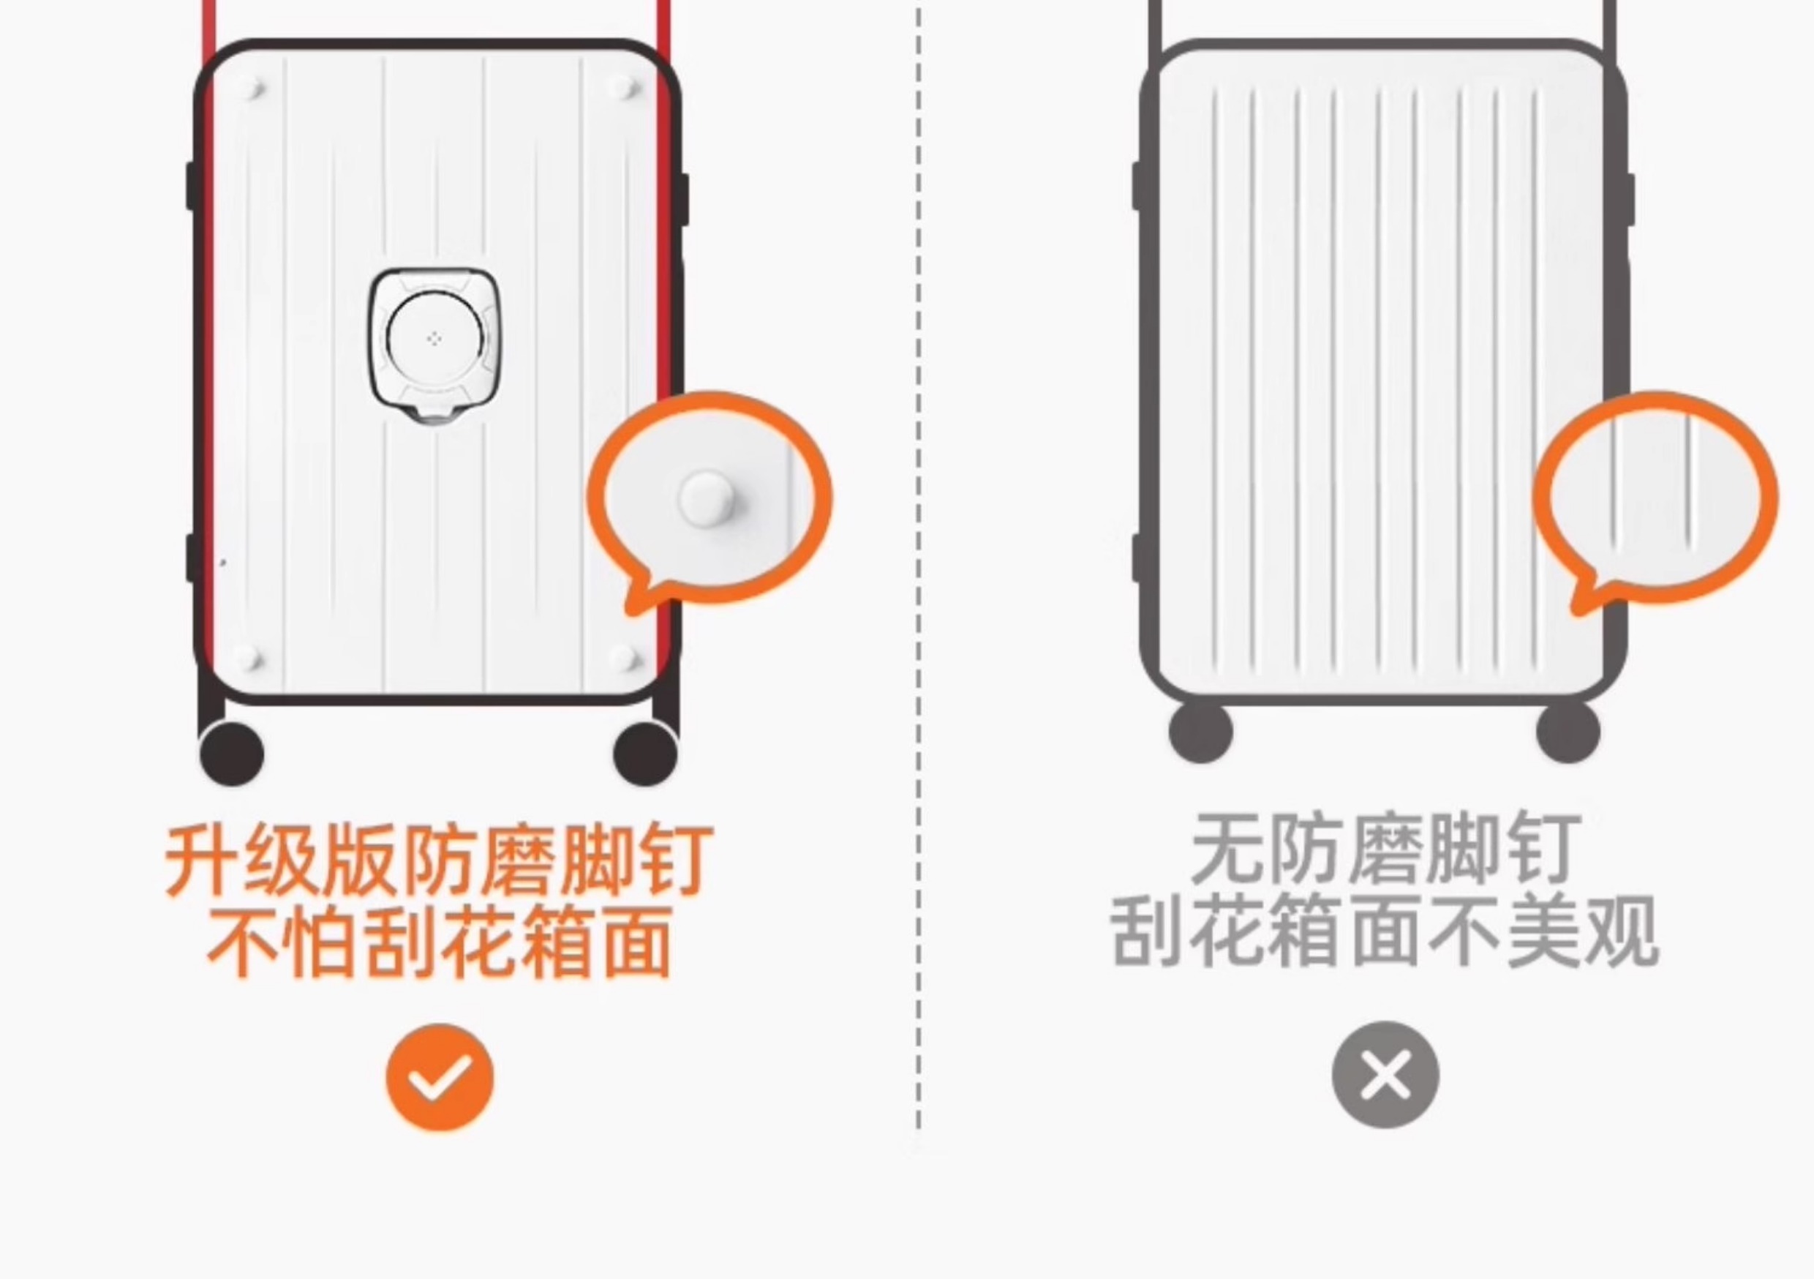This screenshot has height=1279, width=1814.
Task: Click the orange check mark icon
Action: [x=440, y=1076]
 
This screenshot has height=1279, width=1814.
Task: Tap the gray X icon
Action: [x=1385, y=1074]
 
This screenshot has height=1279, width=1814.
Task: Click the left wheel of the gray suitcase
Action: [x=1200, y=731]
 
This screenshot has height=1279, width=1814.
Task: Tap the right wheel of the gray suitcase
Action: [x=1568, y=731]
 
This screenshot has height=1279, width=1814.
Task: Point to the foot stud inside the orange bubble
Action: [x=706, y=498]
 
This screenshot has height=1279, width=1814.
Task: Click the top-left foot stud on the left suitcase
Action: [x=253, y=87]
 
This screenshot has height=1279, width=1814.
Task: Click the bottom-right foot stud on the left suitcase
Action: [x=622, y=658]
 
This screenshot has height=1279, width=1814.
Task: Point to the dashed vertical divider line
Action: [x=918, y=553]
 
